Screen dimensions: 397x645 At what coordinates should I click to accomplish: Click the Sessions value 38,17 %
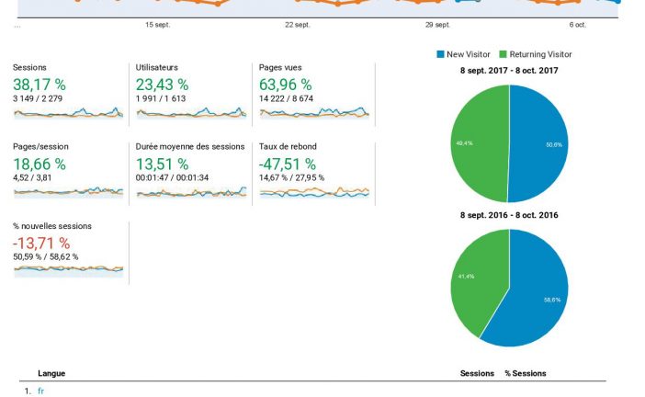[40, 85]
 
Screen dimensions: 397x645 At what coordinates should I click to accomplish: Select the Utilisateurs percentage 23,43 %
[162, 85]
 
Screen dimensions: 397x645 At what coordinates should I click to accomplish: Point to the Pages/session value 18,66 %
[40, 164]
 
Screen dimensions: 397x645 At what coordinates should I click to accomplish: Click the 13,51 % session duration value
[162, 164]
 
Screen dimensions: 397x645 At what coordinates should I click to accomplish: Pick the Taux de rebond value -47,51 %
[289, 164]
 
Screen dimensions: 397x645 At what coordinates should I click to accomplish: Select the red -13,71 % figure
[41, 243]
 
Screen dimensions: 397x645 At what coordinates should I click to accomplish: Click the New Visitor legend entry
[469, 55]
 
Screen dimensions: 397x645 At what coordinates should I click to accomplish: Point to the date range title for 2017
[509, 70]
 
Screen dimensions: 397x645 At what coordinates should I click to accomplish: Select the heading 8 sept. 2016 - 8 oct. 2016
[509, 215]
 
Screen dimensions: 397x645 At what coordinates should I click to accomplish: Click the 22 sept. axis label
[298, 25]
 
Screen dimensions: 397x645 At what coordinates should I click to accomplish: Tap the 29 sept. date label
[437, 25]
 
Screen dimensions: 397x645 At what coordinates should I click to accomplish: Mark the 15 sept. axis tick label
[157, 25]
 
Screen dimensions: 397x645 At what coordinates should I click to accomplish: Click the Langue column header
[51, 373]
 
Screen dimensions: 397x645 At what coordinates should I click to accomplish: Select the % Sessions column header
[525, 373]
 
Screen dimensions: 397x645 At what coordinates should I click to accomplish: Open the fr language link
[40, 391]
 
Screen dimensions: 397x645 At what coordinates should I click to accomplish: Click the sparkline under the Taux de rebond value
[314, 193]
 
